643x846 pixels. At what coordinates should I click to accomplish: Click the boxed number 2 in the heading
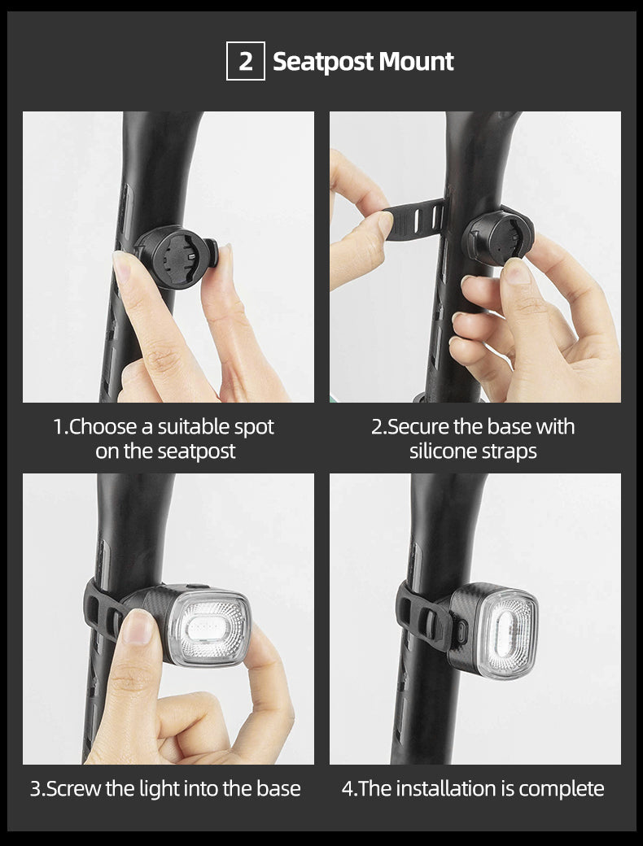[x=246, y=62]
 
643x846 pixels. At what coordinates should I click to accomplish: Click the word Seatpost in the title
[x=322, y=62]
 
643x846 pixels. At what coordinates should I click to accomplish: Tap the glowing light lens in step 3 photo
[x=209, y=628]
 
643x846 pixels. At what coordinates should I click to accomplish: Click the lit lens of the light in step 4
[x=507, y=630]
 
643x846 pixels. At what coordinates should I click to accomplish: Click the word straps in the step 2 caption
[x=510, y=451]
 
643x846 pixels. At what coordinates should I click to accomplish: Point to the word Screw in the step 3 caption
[x=72, y=788]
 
